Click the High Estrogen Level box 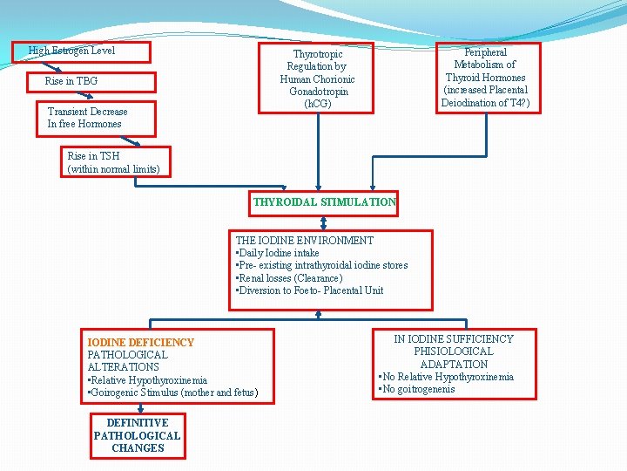tap(82, 51)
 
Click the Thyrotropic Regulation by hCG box tap(316, 78)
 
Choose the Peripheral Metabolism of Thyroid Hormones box tap(485, 78)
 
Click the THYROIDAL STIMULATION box tap(324, 202)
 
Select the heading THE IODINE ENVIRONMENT tap(304, 241)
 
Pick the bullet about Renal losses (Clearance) tap(291, 278)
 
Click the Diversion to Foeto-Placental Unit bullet tap(311, 290)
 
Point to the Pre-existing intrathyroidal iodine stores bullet tap(323, 265)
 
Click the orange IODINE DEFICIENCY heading tap(141, 343)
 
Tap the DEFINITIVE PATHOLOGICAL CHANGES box tap(138, 436)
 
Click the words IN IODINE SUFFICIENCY tap(454, 339)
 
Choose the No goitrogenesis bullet tap(418, 389)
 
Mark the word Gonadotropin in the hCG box tap(317, 92)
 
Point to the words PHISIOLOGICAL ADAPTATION tap(454, 358)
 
